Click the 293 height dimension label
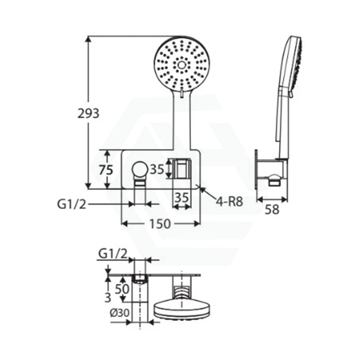point(88,113)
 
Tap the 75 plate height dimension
point(106,170)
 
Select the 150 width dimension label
point(160,224)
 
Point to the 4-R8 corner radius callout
point(229,202)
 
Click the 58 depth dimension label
point(272,209)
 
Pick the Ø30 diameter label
point(120,312)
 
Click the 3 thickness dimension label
point(108,298)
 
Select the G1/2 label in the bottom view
point(113,254)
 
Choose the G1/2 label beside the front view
point(72,204)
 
